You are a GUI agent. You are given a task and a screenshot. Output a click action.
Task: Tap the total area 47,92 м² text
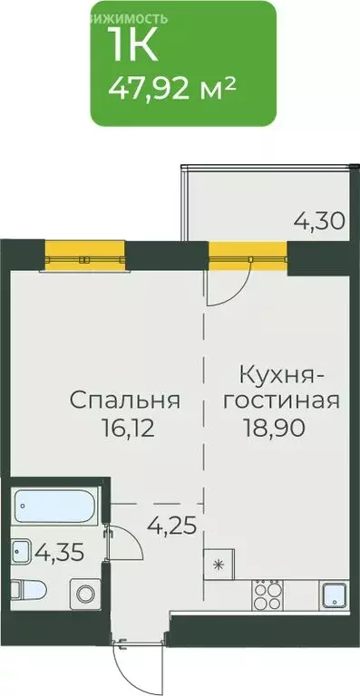[x=172, y=89]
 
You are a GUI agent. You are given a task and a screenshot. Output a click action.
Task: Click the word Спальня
[x=125, y=401]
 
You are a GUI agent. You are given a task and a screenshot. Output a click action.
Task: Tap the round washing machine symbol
[x=85, y=594]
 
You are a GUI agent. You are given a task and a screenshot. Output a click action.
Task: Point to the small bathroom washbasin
[x=20, y=550]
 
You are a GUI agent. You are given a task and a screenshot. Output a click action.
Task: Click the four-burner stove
[x=268, y=594]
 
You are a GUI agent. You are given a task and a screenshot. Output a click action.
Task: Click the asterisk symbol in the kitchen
[x=218, y=565]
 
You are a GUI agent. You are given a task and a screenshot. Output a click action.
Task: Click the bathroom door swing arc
[x=127, y=548]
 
